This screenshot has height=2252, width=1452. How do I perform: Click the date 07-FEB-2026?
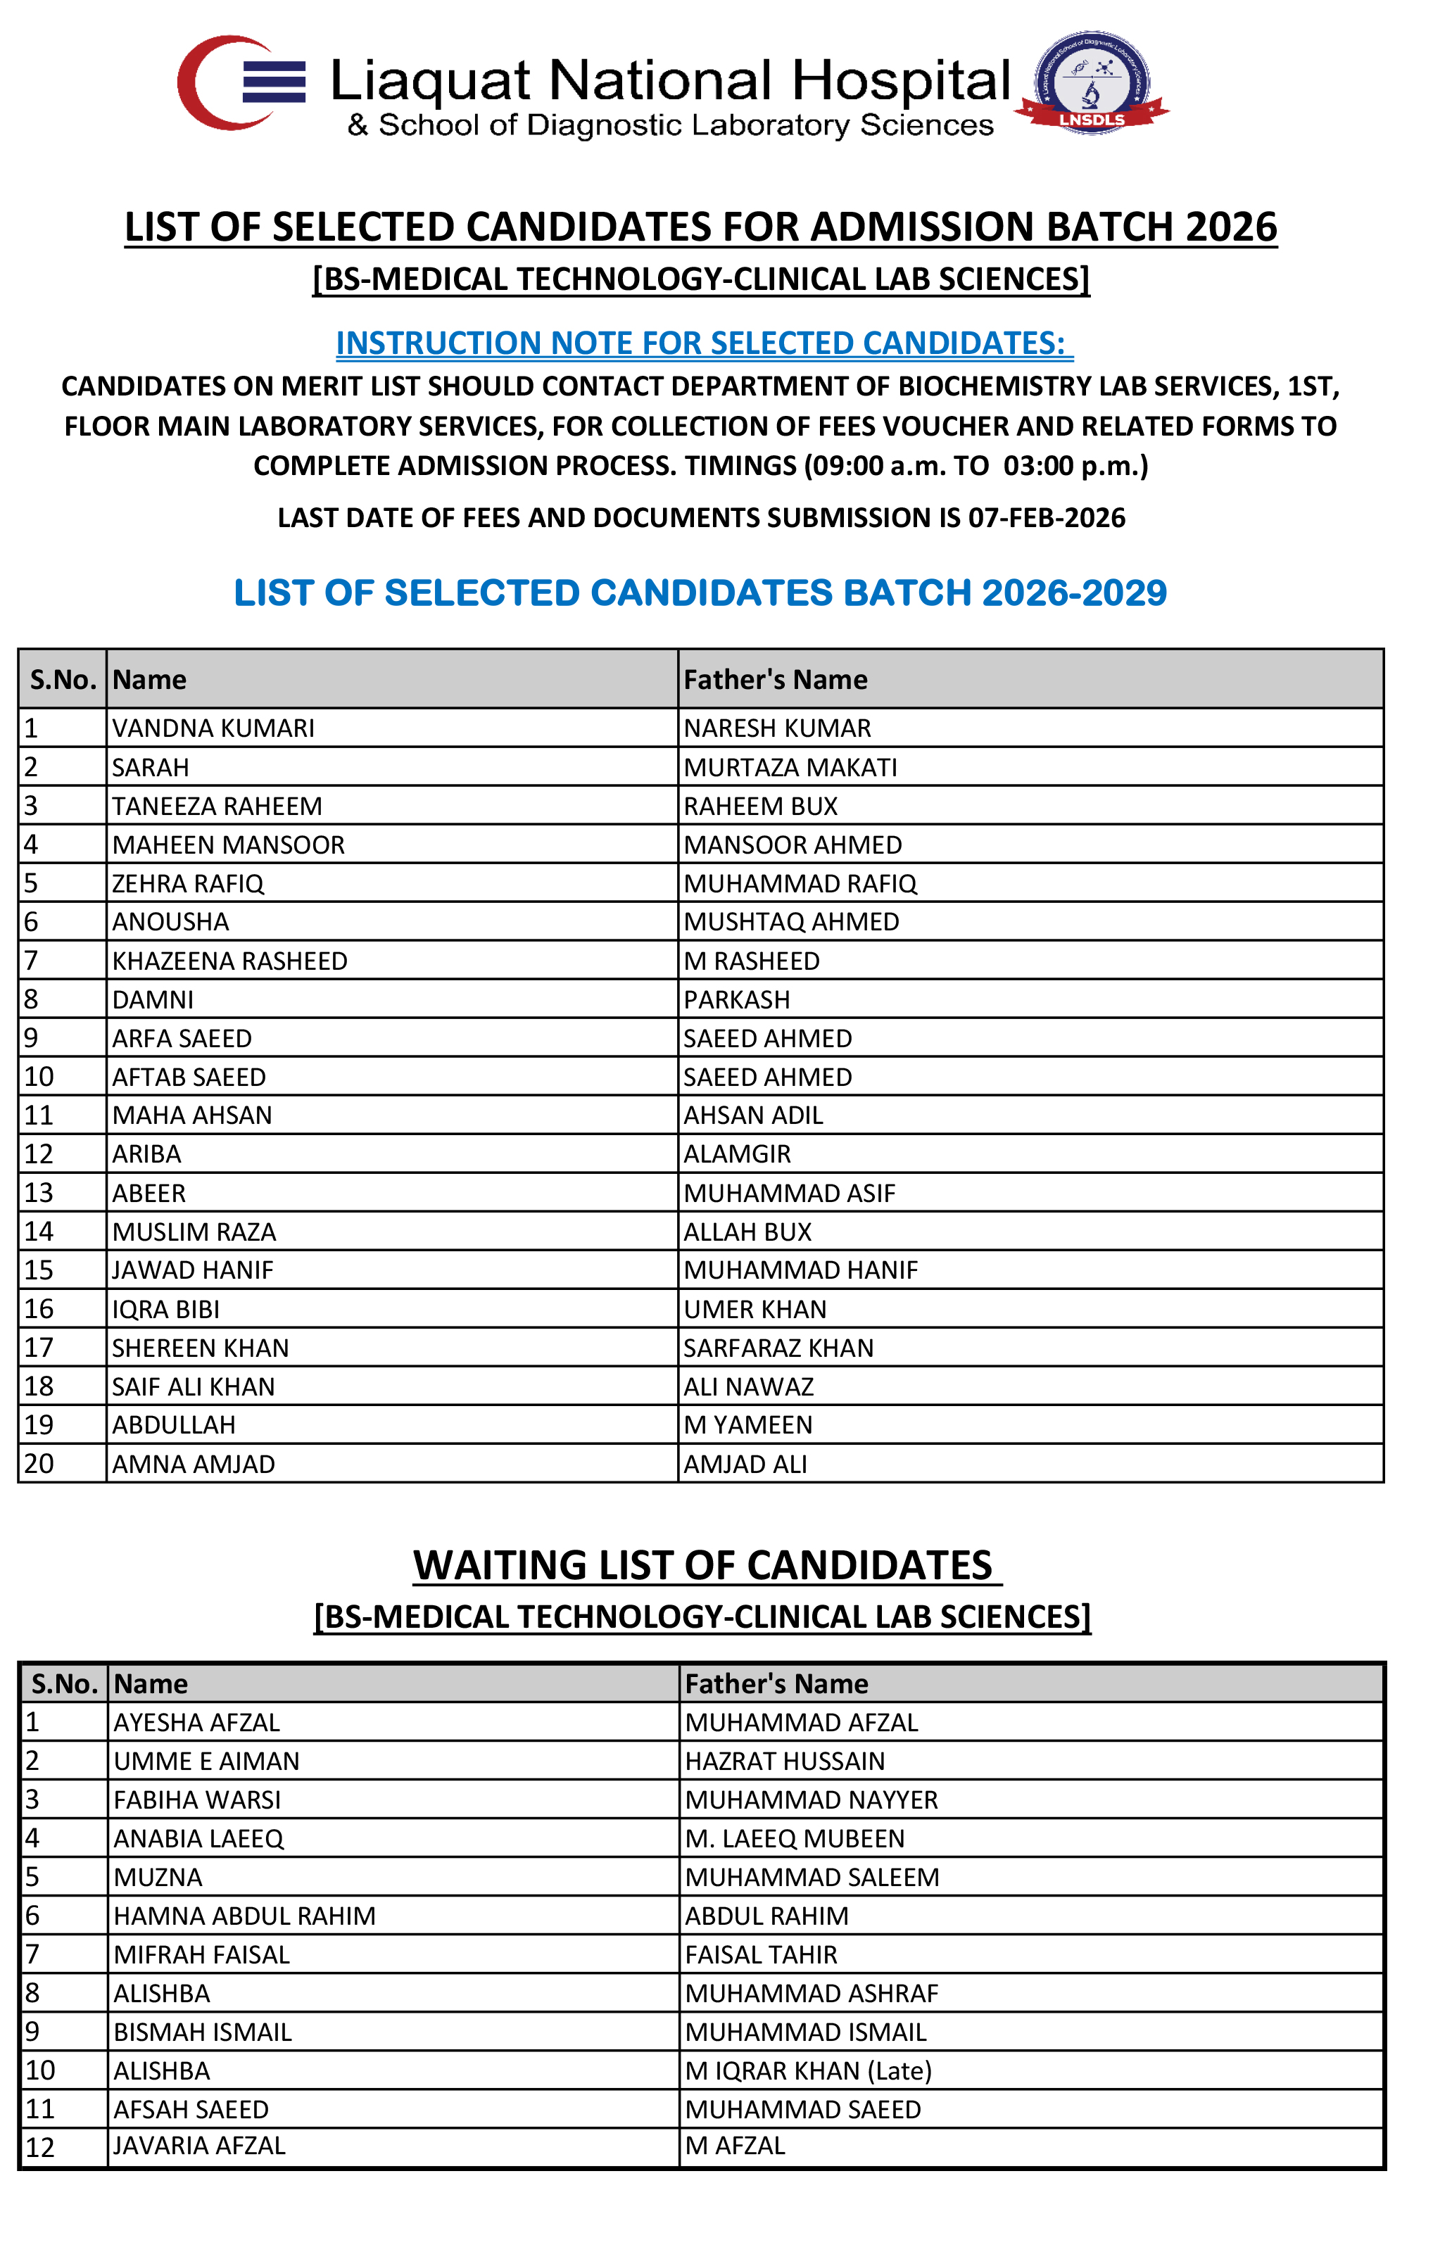1047,517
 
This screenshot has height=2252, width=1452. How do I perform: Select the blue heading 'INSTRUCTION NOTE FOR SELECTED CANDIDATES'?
703,343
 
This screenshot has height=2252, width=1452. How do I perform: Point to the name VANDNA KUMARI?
213,728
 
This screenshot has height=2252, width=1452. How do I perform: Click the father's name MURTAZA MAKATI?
790,767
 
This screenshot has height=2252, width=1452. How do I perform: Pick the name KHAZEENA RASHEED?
229,961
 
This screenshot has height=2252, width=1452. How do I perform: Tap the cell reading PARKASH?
736,999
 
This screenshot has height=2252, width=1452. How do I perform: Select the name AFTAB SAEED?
189,1077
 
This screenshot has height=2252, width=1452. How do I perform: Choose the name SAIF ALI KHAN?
194,1386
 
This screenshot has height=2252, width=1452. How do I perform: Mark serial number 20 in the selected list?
39,1464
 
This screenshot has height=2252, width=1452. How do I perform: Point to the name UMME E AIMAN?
206,1761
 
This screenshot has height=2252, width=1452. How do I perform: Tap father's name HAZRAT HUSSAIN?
785,1761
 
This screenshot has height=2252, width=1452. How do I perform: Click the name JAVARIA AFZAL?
199,2146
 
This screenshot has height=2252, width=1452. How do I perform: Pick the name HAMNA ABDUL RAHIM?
244,1916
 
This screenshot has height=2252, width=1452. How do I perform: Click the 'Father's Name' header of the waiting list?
776,1683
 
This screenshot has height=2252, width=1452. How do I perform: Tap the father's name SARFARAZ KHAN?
778,1348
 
